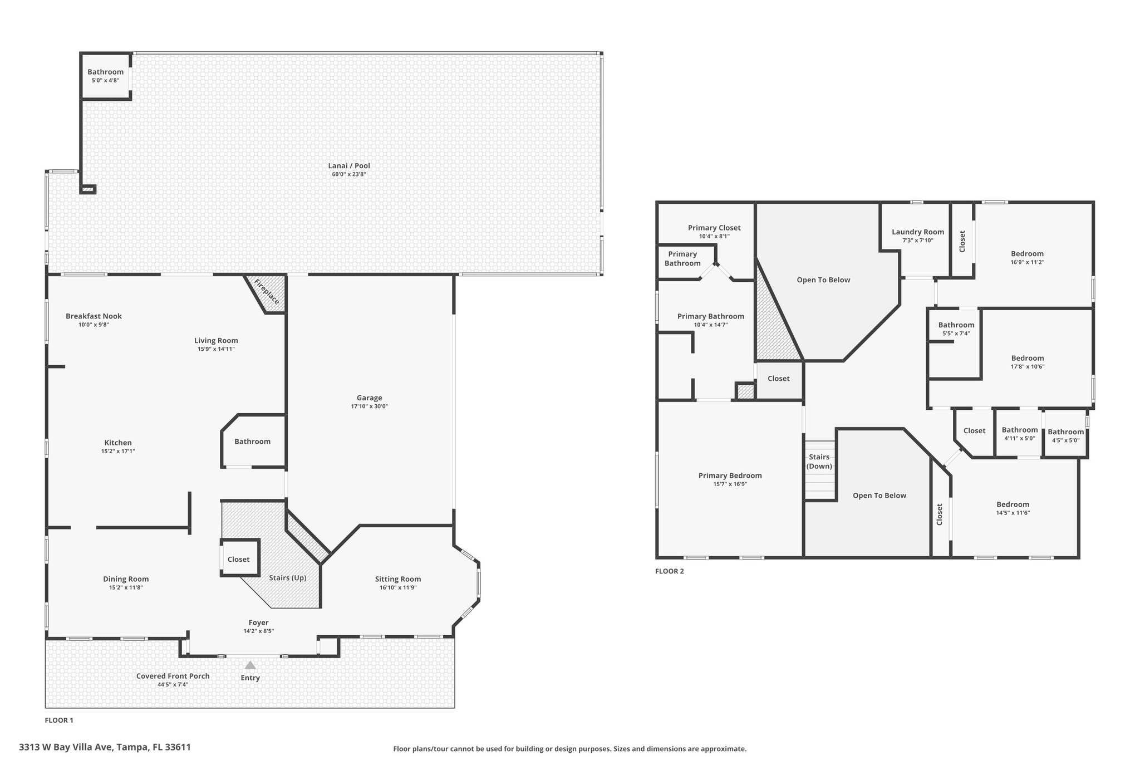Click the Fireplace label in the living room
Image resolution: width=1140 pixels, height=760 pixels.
267,292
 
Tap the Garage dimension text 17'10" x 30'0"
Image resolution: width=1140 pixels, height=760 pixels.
369,406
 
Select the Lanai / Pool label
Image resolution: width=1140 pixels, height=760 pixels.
349,165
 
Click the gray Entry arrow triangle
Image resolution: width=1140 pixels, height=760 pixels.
250,665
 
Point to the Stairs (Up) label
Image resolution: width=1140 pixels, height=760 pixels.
288,578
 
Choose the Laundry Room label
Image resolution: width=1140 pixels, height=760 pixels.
918,232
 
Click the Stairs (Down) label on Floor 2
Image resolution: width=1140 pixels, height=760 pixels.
819,462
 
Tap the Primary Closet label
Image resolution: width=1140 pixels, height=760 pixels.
714,228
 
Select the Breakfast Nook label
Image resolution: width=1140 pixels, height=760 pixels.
94,316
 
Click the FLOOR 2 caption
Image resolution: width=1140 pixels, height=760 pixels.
670,571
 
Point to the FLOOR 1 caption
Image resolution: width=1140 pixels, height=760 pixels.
59,720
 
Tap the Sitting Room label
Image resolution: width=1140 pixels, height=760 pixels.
398,579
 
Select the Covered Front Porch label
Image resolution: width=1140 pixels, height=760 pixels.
173,676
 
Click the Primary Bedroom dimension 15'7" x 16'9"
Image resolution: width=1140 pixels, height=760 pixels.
730,484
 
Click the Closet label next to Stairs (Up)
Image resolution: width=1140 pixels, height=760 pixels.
239,560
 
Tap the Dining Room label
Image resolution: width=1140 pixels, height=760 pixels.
126,579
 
